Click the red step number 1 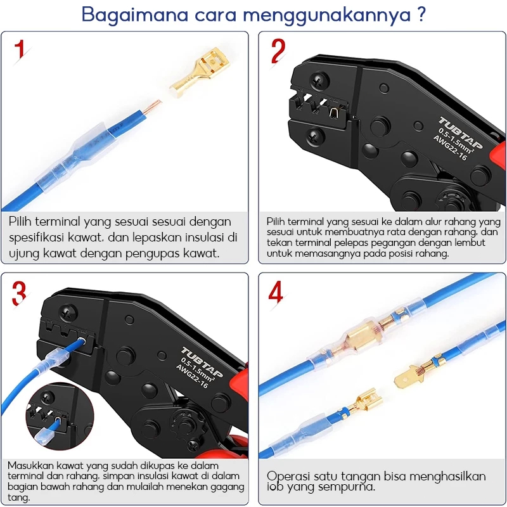coord(20,49)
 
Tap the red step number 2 coord(278,51)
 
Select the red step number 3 coord(19,293)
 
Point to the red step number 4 coord(276,292)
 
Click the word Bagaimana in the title coord(135,15)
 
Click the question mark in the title coord(421,14)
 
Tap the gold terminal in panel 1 coord(200,72)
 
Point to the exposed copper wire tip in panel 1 coord(152,106)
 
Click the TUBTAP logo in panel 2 coord(461,133)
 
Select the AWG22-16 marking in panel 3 coord(192,376)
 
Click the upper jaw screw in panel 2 coord(319,81)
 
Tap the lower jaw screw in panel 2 coord(316,137)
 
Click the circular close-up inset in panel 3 coord(60,416)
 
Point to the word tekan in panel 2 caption coord(276,243)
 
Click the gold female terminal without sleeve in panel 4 coord(363,402)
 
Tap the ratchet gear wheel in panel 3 coord(185,424)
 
